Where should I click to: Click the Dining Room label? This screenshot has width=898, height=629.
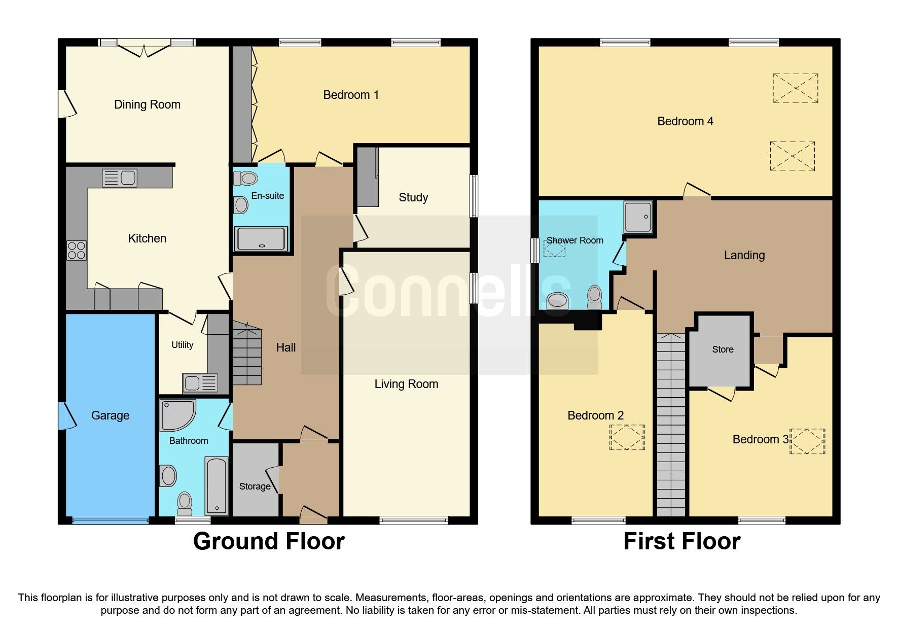147,104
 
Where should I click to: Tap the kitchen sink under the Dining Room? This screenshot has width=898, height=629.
120,178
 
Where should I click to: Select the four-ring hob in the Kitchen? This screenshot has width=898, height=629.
77,251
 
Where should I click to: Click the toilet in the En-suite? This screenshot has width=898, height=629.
246,178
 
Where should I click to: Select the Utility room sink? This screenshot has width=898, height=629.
200,383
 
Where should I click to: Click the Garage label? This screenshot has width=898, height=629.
110,415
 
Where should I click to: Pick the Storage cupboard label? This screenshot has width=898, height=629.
255,486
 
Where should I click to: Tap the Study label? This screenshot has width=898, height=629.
413,197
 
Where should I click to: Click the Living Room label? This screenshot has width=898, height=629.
406,384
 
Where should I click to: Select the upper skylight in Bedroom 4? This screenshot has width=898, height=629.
795,88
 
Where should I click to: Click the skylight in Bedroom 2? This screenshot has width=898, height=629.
627,437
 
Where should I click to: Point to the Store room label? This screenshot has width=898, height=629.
723,350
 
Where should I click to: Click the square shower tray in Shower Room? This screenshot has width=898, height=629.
638,217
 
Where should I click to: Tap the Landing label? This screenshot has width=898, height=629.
744,255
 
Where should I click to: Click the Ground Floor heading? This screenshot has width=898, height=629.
269,541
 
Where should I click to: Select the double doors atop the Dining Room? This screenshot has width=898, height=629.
145,49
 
